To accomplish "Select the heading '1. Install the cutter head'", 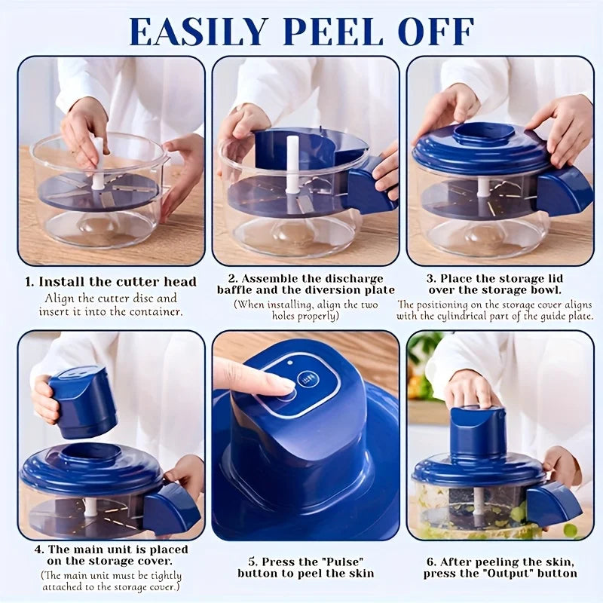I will tap(111, 282).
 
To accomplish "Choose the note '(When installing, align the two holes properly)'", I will tap(305, 311).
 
